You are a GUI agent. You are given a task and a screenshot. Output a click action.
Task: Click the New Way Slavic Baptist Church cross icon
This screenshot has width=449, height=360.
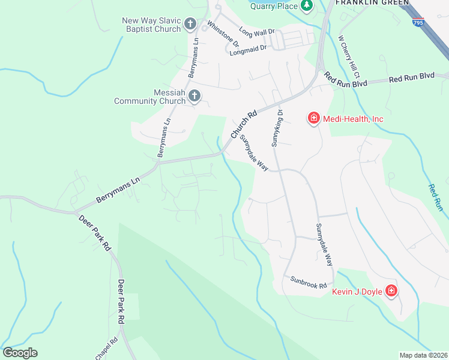click(190, 25)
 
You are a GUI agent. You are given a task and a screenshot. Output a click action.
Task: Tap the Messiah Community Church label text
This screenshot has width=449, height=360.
click(151, 97)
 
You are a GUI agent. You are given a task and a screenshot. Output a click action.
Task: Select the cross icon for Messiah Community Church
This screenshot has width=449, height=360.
click(194, 96)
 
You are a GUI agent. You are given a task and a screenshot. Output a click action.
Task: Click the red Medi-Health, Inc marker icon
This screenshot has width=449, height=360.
click(313, 119)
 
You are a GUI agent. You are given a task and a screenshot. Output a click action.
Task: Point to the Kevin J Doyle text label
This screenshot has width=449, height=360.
click(357, 292)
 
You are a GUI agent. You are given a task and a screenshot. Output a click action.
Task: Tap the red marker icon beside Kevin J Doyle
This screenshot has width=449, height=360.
click(391, 292)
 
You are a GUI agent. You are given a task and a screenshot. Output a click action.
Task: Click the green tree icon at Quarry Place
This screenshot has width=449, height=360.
click(307, 5)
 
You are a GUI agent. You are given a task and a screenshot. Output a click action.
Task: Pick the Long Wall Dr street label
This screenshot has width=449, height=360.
click(256, 31)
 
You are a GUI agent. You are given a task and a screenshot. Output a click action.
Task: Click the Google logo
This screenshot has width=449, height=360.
click(20, 352)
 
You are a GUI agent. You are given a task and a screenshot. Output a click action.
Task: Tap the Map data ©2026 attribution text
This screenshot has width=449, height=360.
click(423, 355)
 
